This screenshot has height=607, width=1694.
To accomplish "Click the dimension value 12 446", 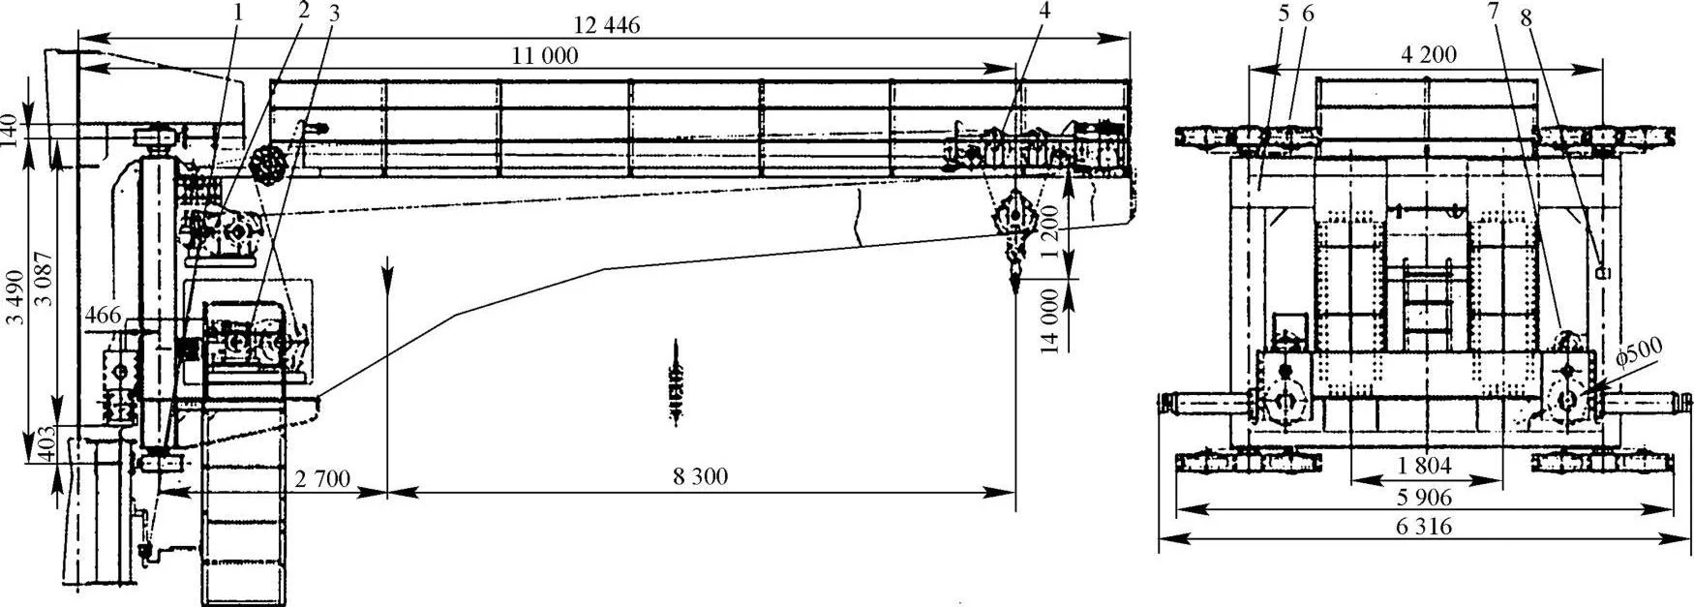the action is point(607,26).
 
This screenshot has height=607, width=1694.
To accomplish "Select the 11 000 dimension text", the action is point(545,56).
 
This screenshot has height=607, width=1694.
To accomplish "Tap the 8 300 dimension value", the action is point(701,476).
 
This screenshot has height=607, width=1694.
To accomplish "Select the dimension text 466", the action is point(103,315).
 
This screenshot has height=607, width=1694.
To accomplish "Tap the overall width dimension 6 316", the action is point(1425,528).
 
